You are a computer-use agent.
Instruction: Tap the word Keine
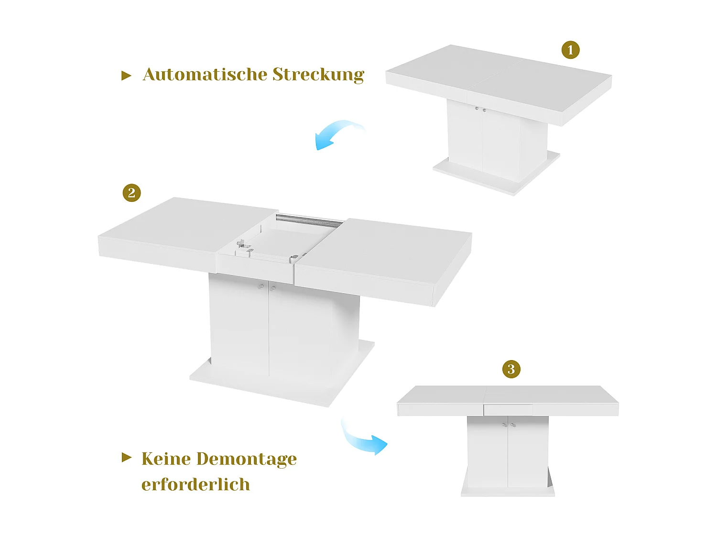166,459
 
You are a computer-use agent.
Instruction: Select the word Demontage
247,459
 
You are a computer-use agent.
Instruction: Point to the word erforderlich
196,484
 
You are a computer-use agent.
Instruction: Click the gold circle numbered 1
570,50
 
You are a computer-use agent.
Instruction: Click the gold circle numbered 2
131,193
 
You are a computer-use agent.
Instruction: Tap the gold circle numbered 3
511,369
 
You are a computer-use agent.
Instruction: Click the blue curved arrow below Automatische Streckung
337,134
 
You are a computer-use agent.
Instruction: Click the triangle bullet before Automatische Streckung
126,76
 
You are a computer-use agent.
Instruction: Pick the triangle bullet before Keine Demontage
126,458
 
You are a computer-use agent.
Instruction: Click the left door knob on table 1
477,109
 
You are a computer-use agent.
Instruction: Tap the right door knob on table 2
273,288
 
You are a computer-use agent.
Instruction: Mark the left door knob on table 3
504,424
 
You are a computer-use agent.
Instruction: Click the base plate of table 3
508,492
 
